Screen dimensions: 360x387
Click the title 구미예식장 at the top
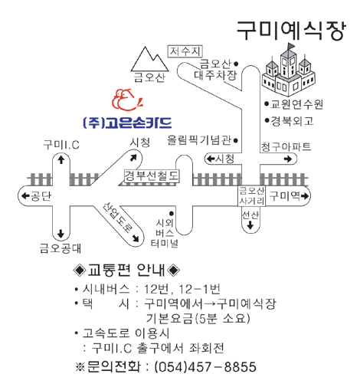click(x=291, y=31)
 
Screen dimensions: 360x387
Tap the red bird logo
click(x=127, y=100)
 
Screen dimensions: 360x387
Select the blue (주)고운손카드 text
click(x=127, y=123)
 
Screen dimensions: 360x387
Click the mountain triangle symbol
click(x=149, y=59)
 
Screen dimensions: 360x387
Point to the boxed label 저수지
click(x=185, y=51)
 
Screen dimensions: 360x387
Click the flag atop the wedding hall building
click(x=290, y=47)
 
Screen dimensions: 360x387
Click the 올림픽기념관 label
click(x=199, y=140)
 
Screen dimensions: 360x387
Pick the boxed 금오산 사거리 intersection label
click(x=252, y=196)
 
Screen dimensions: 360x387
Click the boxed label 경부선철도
click(x=152, y=176)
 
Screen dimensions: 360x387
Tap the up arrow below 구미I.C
click(x=61, y=159)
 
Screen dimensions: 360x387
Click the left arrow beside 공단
click(x=25, y=196)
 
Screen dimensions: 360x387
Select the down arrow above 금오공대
click(x=61, y=234)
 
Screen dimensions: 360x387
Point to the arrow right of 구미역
click(x=305, y=196)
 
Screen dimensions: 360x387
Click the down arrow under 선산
click(x=250, y=225)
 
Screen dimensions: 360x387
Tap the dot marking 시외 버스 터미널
click(x=172, y=213)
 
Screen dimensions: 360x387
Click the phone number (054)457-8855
click(x=205, y=367)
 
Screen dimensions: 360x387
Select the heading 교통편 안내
click(x=126, y=270)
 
